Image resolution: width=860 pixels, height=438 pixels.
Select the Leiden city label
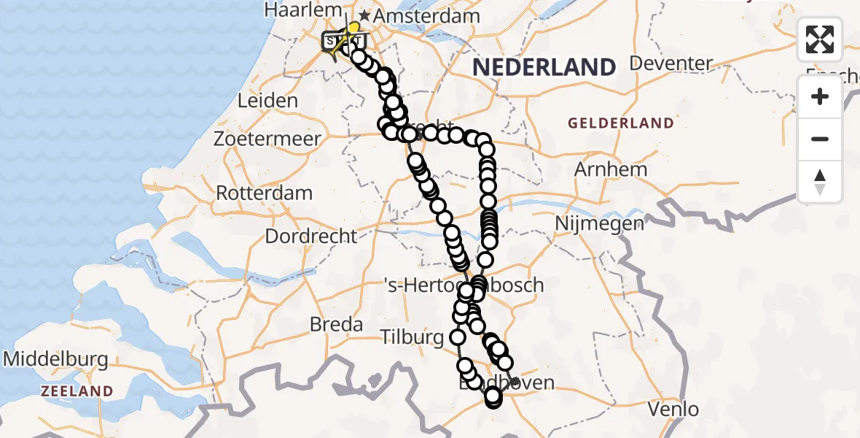[x=267, y=101]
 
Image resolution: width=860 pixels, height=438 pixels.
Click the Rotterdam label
[x=265, y=193]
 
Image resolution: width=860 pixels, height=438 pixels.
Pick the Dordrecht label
[x=311, y=237]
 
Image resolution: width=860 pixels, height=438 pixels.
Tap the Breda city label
[x=336, y=323]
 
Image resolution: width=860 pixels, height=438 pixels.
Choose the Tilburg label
[x=412, y=337]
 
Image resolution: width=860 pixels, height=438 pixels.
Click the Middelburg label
[x=56, y=359]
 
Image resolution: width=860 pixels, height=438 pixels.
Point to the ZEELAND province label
[x=77, y=391]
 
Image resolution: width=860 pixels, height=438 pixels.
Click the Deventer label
[x=671, y=64]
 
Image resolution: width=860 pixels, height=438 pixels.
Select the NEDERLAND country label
[x=544, y=67]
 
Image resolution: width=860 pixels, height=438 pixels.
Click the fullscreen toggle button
[x=820, y=39]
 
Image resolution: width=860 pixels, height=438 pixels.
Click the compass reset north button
[x=820, y=182]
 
